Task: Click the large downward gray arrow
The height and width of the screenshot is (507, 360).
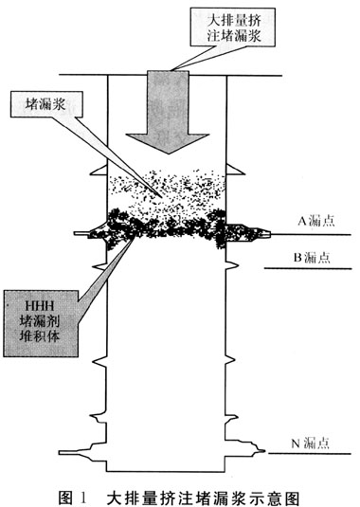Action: [168, 110]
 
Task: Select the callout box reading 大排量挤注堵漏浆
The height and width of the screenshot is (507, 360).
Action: [233, 27]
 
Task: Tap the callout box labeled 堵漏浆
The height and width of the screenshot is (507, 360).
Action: [46, 104]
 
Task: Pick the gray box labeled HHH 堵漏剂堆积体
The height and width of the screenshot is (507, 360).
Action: [41, 323]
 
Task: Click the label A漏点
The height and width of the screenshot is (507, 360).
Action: [315, 221]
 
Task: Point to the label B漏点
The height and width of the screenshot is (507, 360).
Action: [312, 258]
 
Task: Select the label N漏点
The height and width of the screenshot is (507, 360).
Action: [310, 443]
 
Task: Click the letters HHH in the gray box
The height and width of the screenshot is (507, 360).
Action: [40, 306]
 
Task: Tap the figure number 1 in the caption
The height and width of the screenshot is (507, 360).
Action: [83, 498]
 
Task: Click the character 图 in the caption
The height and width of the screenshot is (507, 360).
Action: [66, 498]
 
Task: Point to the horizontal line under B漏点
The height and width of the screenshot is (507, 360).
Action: [308, 268]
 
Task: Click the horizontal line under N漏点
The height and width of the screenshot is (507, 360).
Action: [310, 453]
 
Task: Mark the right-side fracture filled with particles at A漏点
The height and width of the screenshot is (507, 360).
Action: [248, 233]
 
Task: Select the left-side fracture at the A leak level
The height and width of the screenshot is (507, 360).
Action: [91, 232]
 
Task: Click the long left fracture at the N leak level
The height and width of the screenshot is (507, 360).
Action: [82, 452]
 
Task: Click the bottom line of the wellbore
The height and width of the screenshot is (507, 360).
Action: [167, 472]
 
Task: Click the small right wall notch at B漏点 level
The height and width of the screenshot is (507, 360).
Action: [232, 265]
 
